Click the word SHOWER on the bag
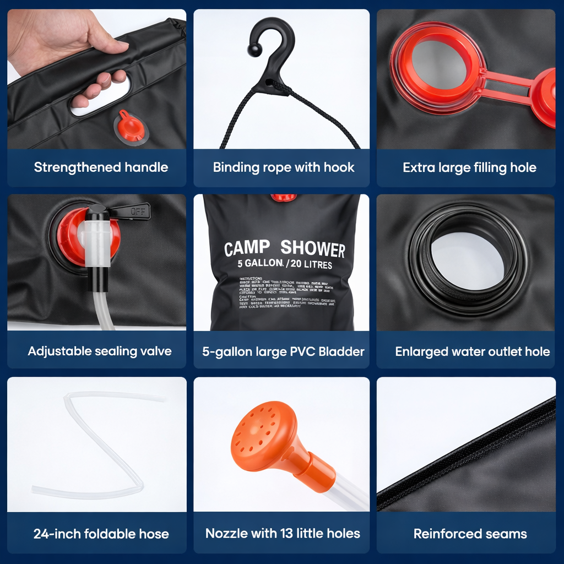coord(313,249)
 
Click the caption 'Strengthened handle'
coord(101,167)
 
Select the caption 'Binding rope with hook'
coord(284,167)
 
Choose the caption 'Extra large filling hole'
coord(469,167)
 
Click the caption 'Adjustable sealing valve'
coord(100,351)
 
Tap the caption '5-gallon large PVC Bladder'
coord(283,351)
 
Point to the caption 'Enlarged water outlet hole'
coord(472,351)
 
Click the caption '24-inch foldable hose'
coord(101,533)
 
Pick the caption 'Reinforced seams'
coord(470,533)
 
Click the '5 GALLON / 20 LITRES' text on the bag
coord(285,264)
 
